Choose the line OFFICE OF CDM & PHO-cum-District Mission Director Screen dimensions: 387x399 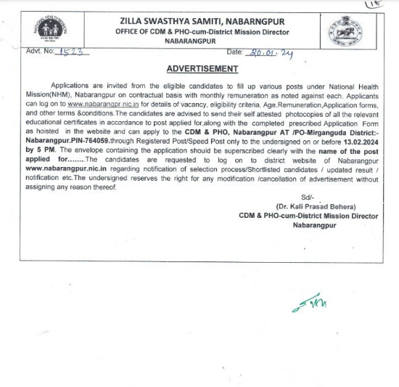203,32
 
